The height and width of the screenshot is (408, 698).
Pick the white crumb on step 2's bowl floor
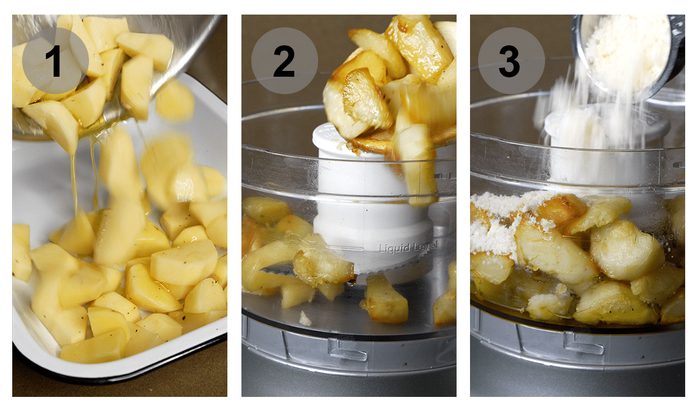[x=305, y=318]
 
